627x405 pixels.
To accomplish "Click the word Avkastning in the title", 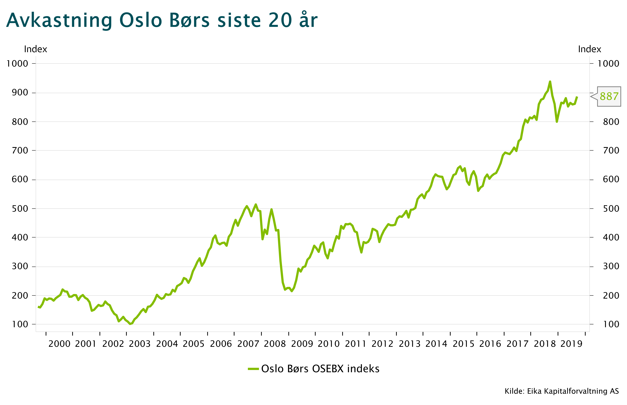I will [x=59, y=21].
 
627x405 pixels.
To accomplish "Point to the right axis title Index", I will [x=590, y=49].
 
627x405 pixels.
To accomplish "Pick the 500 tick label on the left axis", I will [x=20, y=209].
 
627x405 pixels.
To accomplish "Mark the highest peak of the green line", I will [x=550, y=82].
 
